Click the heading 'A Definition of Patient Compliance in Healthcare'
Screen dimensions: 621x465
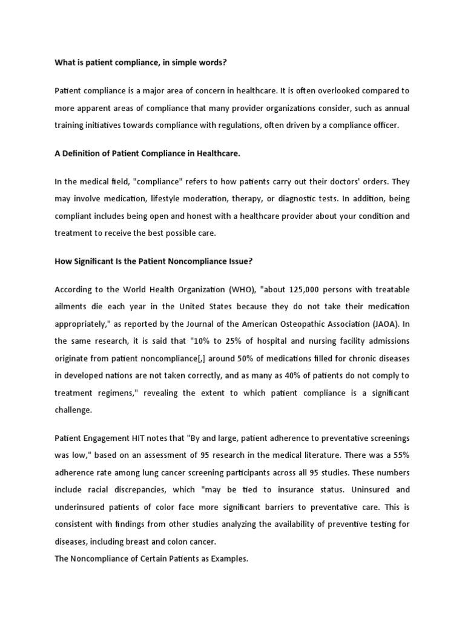tap(147, 153)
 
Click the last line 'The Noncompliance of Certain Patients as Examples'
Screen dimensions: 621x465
tap(151, 559)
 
